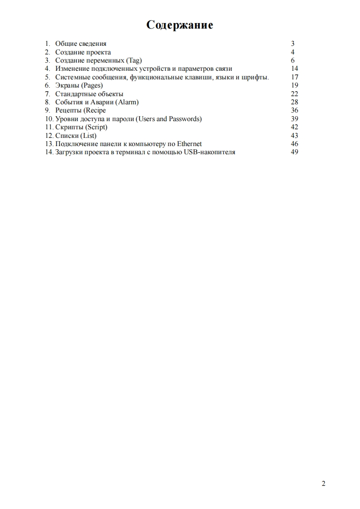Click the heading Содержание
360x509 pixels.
[x=180, y=25]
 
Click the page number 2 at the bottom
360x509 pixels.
[x=323, y=484]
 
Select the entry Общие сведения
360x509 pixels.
[x=81, y=44]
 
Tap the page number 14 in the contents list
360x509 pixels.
[x=294, y=69]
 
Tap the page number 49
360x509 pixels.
[x=294, y=152]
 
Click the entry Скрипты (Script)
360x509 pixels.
[x=81, y=127]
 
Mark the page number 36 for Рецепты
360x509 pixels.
[x=294, y=111]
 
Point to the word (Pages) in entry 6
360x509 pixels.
[x=92, y=86]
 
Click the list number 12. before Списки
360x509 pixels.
[x=49, y=136]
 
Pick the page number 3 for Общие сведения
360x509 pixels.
[x=293, y=44]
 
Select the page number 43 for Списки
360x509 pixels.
[x=294, y=136]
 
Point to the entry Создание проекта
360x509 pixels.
[x=83, y=53]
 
